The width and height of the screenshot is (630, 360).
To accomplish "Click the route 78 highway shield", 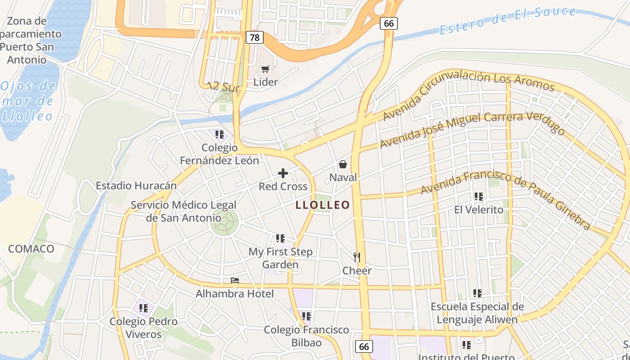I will tap(254, 38).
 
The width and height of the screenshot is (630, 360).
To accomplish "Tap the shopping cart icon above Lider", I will tap(265, 69).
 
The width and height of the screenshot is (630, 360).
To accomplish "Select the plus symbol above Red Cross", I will tap(283, 173).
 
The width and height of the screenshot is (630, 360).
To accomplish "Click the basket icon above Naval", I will tap(343, 164).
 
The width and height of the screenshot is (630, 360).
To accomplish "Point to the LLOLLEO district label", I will tap(323, 205).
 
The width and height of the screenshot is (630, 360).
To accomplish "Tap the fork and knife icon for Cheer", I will tap(357, 257).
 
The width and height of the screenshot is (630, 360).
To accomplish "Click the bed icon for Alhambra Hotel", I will tap(235, 280).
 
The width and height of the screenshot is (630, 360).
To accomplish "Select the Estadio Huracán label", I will tap(136, 186).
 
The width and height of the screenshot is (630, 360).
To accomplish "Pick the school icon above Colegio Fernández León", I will tap(220, 134).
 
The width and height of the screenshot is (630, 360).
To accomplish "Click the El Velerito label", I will tap(479, 210).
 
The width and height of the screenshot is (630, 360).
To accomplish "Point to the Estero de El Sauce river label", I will tap(508, 20).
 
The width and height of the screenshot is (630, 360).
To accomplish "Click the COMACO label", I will tap(31, 249).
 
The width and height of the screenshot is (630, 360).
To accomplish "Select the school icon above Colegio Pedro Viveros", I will tap(144, 308).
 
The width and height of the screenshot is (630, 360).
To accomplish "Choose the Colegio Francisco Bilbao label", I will tap(306, 336).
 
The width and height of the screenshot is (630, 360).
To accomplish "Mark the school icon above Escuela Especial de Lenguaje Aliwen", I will tap(477, 293).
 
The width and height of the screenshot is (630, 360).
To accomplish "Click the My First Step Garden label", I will tap(280, 258).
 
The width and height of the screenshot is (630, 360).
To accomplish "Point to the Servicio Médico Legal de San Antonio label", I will tap(184, 211).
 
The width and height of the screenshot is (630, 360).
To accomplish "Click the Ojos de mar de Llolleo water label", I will tap(28, 101).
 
